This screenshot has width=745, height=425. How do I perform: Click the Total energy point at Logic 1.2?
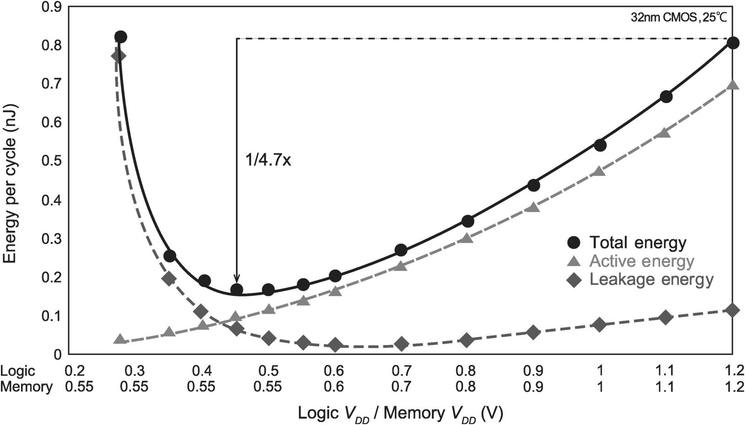tap(733, 43)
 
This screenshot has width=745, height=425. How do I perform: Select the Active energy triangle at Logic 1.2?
tap(733, 85)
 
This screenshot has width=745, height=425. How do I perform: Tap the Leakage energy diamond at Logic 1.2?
tap(733, 311)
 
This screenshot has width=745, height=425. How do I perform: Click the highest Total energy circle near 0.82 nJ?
tap(120, 37)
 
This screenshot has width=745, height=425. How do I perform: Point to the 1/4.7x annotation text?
tap(268, 161)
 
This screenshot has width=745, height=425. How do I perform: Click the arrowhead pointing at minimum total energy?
tap(237, 279)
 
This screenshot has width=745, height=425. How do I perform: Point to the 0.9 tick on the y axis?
tap(51, 7)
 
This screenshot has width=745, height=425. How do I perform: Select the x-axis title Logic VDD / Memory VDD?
tap(400, 414)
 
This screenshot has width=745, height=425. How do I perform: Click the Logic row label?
tap(18, 371)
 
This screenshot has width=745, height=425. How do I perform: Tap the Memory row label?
tap(26, 387)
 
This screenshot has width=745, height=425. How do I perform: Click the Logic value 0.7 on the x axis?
tap(401, 371)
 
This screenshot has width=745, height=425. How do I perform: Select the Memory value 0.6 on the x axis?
tap(334, 387)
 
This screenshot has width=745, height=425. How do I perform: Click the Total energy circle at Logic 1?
tap(600, 145)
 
